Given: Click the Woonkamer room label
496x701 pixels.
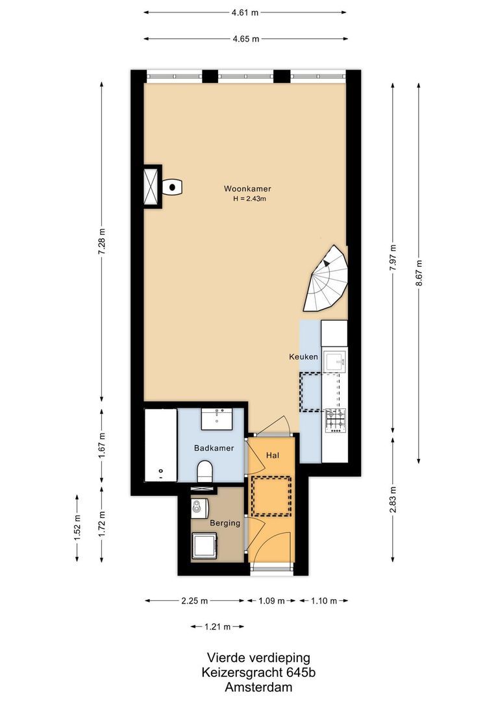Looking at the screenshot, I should (247, 188).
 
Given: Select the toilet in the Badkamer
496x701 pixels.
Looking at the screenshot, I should (205, 471).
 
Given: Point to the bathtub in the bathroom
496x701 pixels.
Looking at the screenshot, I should (160, 445).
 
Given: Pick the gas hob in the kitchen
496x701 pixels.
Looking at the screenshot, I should (336, 420).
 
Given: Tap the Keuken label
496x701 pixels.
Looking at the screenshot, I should (303, 357).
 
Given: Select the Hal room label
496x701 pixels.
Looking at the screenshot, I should (273, 456).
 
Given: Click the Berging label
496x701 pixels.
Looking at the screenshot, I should (225, 523).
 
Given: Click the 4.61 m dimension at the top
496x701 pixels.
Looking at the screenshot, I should (245, 12).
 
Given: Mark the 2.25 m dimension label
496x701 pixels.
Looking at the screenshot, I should (195, 600).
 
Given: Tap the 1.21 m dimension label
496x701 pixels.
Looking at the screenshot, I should (217, 626).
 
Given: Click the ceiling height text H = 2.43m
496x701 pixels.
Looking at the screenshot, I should (250, 199).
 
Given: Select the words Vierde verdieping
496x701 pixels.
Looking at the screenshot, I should (249, 658).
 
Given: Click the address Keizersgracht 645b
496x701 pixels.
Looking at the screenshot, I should (249, 672).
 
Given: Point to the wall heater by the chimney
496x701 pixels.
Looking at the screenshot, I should (172, 187).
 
